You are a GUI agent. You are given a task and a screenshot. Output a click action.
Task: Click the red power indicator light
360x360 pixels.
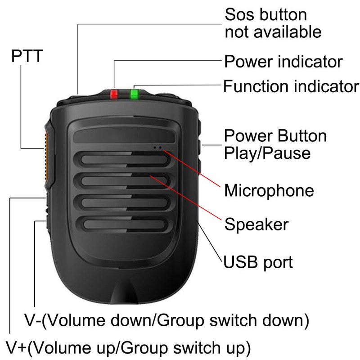[x=114, y=94]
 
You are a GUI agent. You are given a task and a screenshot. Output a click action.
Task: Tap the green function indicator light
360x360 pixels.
[x=134, y=94]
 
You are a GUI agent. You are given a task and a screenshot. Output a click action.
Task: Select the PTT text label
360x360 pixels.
[x=27, y=56]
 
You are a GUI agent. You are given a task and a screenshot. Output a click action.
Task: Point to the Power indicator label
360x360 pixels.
[x=283, y=62]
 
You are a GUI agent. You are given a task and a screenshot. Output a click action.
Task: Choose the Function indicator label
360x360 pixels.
[x=291, y=86]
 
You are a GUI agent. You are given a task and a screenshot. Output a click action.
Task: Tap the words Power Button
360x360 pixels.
[x=275, y=136]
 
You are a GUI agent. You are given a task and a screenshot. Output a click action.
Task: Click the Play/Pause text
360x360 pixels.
[x=267, y=153]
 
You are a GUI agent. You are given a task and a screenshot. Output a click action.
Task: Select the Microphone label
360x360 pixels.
[x=269, y=190]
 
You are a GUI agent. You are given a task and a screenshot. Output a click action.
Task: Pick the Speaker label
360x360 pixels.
[x=256, y=224]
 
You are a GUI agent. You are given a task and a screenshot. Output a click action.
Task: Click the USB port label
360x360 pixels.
[x=258, y=262]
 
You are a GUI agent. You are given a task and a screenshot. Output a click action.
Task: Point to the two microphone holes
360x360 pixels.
[x=157, y=148]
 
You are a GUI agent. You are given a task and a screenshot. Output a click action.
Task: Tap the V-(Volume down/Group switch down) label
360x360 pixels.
[x=166, y=320]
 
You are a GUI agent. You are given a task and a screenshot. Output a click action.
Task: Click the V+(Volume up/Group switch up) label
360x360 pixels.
[x=128, y=347]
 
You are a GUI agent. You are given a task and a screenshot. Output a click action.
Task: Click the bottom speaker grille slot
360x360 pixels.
[x=124, y=224]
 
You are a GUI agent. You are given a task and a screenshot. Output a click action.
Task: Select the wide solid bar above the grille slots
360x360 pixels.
[x=124, y=137]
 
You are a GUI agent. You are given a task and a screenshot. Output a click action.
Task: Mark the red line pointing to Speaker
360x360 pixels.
[x=186, y=198]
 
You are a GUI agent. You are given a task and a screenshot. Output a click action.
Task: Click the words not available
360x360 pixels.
[x=273, y=31]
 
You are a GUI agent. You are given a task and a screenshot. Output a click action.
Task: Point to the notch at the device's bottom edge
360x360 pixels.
[x=124, y=292]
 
